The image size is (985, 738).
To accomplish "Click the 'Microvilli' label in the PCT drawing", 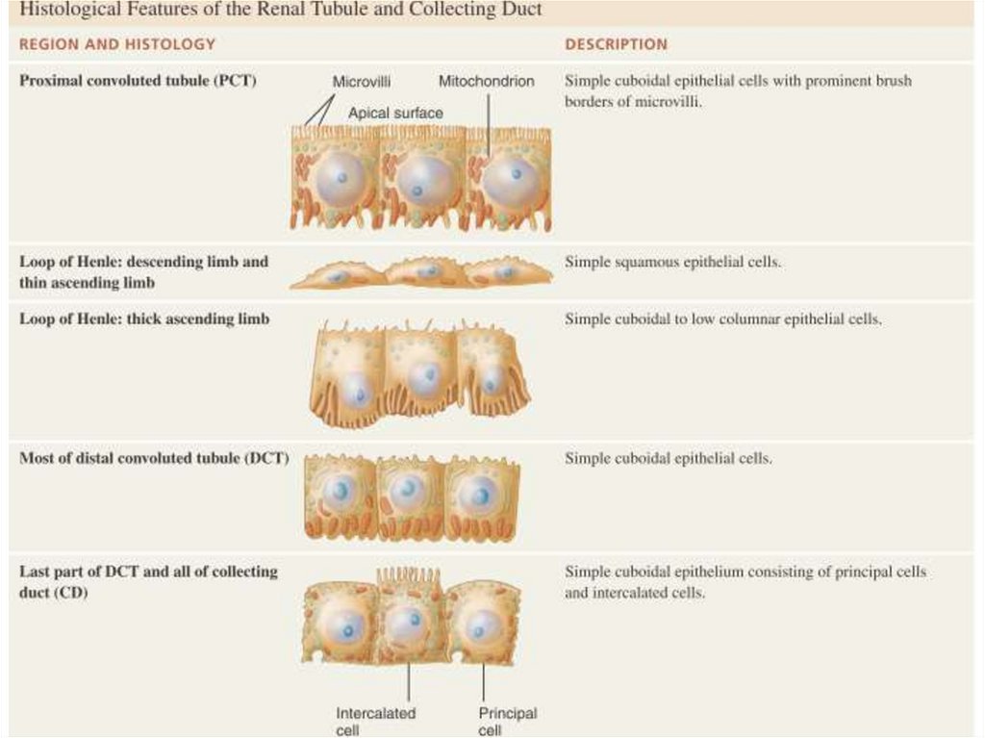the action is point(361,82).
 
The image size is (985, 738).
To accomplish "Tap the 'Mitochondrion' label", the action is point(486,82).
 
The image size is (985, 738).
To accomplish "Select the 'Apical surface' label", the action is point(395,113).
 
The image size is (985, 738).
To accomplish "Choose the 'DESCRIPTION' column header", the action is point(616,44).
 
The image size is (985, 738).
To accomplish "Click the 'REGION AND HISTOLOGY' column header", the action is point(117,44).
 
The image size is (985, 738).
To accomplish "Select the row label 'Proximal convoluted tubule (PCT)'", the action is point(138,81).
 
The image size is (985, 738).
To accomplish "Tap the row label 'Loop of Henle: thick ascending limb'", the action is point(144,319).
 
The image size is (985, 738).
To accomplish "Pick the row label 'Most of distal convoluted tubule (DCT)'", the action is point(154,458).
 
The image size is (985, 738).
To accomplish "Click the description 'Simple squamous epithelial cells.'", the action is point(672,262).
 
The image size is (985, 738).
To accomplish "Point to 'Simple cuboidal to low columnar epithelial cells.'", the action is point(722,319).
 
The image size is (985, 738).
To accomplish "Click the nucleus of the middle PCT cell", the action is point(424,180).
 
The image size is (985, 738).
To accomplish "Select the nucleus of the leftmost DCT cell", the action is point(340,493).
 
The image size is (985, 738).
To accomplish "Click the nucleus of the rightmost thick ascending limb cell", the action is point(492,380).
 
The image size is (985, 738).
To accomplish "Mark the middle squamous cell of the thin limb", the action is point(423,273).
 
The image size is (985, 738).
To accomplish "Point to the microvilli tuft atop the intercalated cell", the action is point(408,577).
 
